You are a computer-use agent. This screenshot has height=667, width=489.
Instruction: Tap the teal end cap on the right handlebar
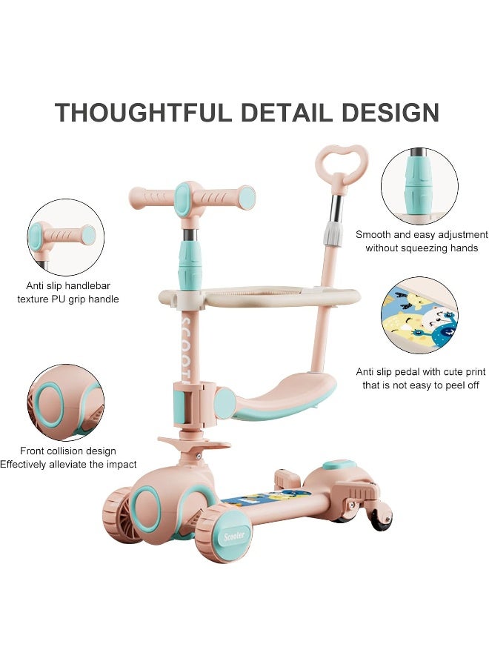point(247,198)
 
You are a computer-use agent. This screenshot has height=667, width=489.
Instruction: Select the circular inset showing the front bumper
point(64,401)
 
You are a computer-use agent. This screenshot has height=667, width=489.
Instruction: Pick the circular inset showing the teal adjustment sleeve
point(419,186)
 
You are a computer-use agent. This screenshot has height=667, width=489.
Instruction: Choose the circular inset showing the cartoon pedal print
point(419,316)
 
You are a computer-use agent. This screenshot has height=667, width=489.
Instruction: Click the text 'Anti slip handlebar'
point(67,286)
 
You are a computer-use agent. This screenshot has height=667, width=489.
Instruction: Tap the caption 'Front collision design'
point(67,451)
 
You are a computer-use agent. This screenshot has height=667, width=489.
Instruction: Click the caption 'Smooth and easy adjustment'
point(422,234)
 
